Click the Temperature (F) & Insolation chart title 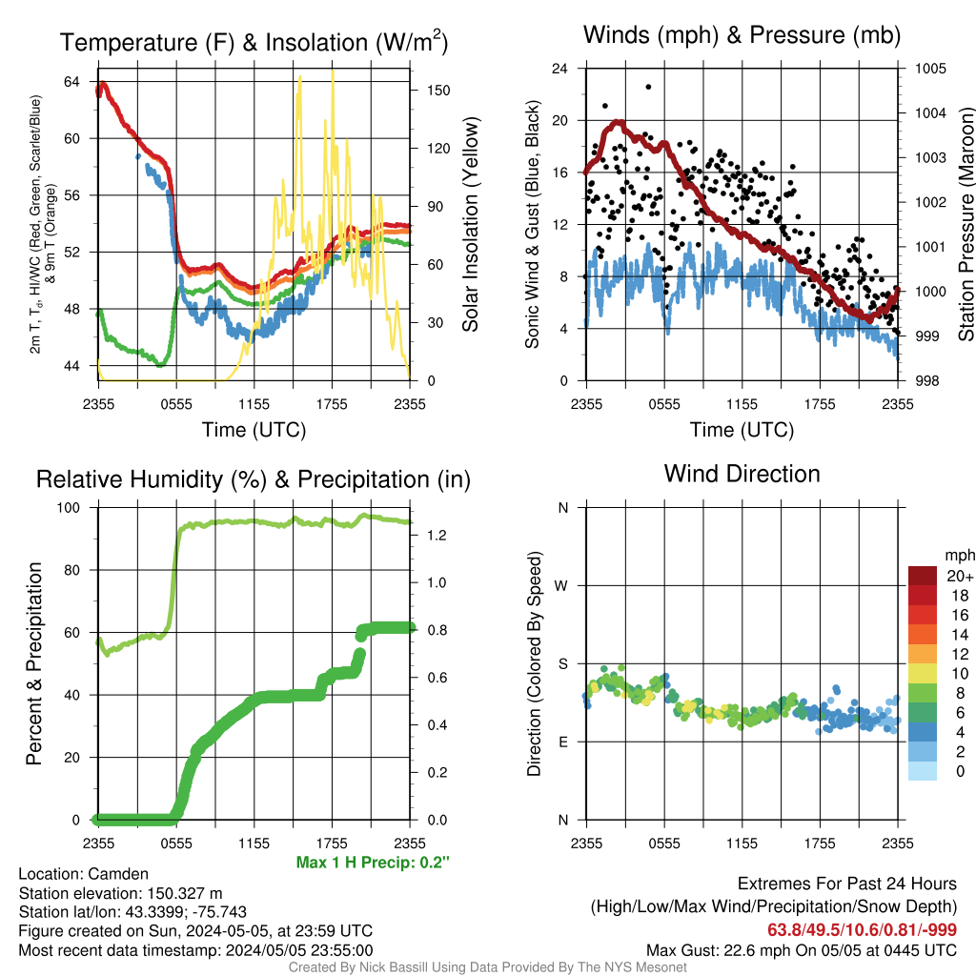click(254, 42)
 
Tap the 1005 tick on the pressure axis click(930, 69)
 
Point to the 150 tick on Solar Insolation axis click(438, 91)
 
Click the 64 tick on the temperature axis click(71, 82)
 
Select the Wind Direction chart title click(742, 474)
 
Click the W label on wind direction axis click(561, 586)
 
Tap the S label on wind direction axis click(562, 664)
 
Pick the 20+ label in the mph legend click(960, 577)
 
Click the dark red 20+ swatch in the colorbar click(923, 576)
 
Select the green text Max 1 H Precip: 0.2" click(373, 862)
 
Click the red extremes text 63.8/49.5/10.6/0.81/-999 click(862, 929)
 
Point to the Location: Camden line click(84, 874)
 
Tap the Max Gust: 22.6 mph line click(801, 950)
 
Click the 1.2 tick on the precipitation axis click(437, 536)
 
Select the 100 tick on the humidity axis click(69, 508)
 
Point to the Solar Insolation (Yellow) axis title click(471, 224)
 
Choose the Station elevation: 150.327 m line click(120, 893)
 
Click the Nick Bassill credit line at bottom click(487, 967)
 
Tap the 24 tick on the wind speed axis click(559, 69)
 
